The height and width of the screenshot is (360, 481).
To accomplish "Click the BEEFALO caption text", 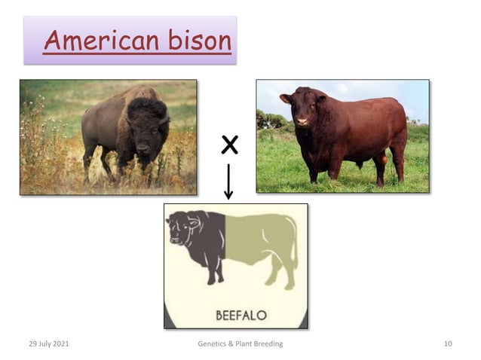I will [240, 315].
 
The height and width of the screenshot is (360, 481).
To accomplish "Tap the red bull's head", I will [302, 109].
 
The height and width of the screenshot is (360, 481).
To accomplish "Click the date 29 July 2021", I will [48, 344].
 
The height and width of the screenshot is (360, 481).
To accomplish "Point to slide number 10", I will [448, 344].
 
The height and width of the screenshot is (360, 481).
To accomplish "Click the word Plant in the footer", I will [244, 344].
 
